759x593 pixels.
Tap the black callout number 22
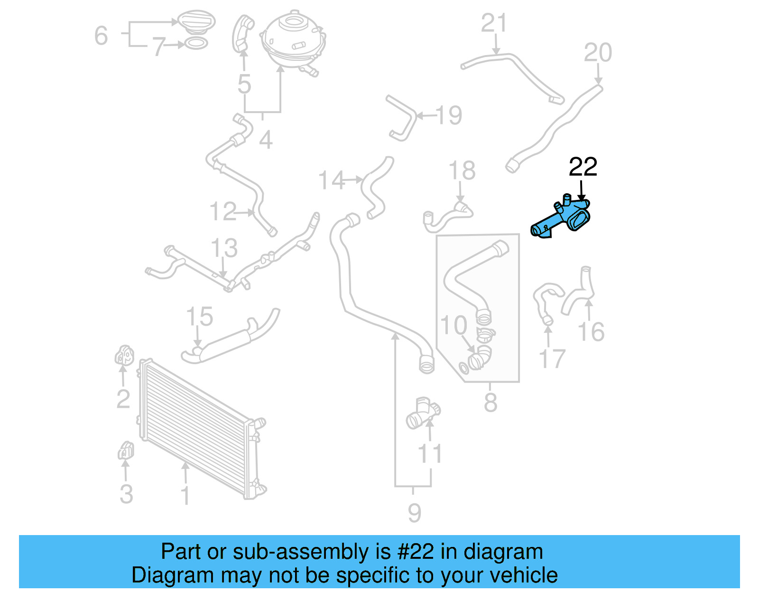tap(583, 167)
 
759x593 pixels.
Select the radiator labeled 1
tap(197, 427)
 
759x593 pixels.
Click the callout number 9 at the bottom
tap(414, 513)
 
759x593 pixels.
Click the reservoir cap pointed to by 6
tap(196, 21)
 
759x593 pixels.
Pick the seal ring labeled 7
tap(195, 44)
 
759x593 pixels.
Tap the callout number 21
tap(494, 23)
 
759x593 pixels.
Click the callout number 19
tap(448, 115)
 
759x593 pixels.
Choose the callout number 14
tap(331, 181)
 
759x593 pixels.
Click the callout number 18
tap(462, 170)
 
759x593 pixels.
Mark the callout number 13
tap(224, 248)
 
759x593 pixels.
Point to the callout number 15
tap(199, 317)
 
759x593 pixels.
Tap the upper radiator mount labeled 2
tap(124, 355)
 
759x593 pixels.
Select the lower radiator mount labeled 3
tap(126, 451)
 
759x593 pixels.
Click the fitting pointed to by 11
tap(422, 413)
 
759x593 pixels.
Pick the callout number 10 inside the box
tap(454, 326)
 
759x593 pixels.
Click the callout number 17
tap(552, 359)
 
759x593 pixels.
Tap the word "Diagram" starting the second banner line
tap(160, 575)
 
